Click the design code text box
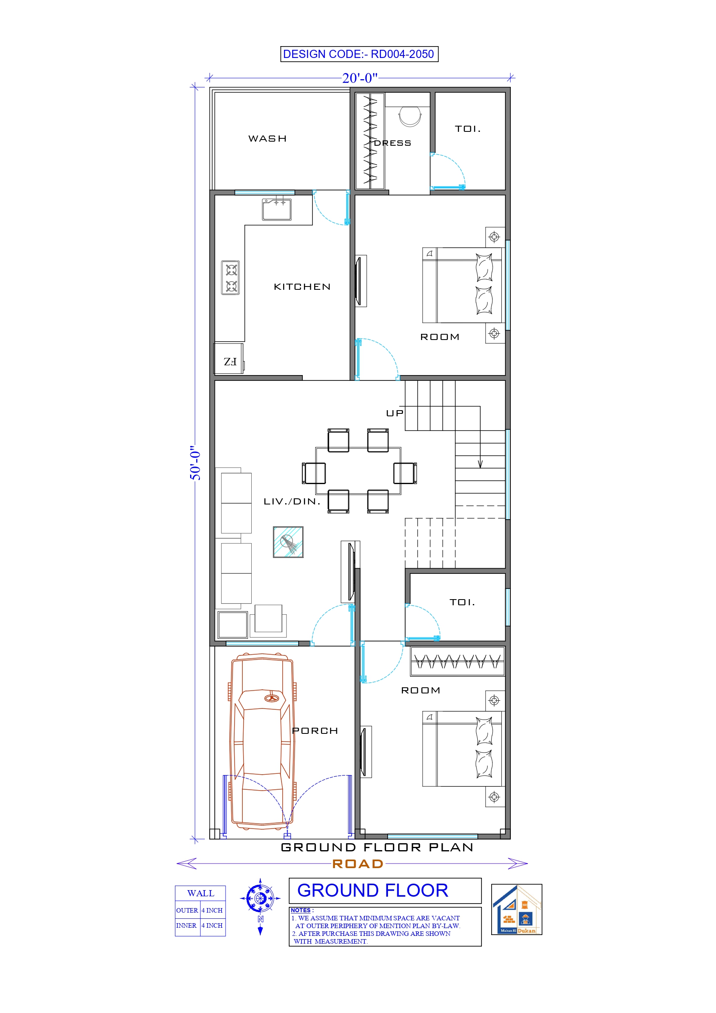coord(359,54)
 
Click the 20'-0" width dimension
coord(359,78)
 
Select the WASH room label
coord(267,138)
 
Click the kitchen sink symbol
coord(277,209)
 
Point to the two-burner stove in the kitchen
coord(230,278)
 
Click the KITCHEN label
coord(302,287)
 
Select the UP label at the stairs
coord(395,413)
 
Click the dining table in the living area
coord(358,471)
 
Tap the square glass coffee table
coord(288,542)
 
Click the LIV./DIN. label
coord(292,501)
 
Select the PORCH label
coord(315,731)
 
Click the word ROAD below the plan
coord(357,864)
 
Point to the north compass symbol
coord(260,898)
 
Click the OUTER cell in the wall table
coord(187,910)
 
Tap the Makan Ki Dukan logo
coord(516,909)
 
